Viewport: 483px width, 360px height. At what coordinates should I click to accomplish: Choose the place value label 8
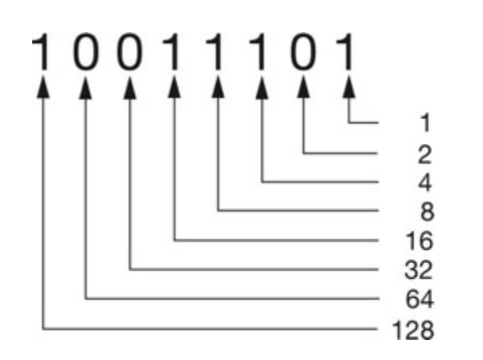(423, 212)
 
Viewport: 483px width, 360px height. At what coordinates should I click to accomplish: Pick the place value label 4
(423, 182)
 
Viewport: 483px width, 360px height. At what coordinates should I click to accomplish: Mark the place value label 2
(423, 153)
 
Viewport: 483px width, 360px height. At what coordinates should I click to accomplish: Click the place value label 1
(423, 123)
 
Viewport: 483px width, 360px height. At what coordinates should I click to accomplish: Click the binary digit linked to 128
(43, 52)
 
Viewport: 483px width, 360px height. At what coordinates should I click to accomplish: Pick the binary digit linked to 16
(174, 52)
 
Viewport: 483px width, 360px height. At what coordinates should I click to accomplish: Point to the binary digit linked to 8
(218, 52)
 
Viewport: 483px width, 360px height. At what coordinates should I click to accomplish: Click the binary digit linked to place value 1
(348, 52)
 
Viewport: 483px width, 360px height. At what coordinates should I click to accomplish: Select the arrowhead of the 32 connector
(130, 89)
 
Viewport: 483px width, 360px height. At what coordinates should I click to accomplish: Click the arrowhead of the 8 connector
(218, 89)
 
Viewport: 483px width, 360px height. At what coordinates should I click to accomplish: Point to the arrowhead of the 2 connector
(305, 89)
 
